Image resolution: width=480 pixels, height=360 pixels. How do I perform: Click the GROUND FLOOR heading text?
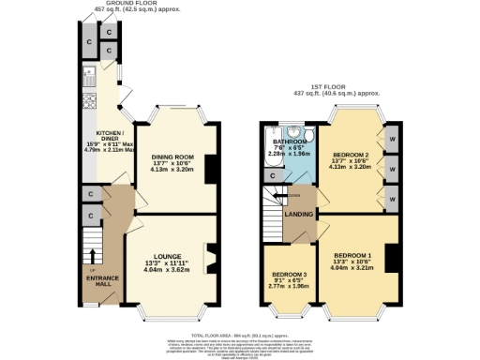point(130,3)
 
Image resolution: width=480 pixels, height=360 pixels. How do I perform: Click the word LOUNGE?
point(167,255)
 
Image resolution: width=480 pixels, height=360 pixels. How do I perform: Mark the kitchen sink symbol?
point(91,75)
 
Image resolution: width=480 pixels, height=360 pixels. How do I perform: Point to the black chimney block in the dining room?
point(211,169)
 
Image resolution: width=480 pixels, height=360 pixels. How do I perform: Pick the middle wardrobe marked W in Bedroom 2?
point(390,172)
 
